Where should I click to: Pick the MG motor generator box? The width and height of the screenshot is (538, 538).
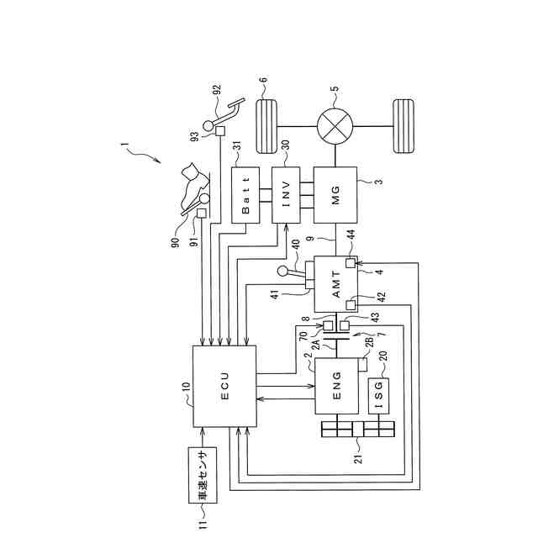coord(335,195)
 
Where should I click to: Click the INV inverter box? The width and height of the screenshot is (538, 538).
coord(286,195)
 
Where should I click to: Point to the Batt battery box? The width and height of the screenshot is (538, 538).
coord(245,195)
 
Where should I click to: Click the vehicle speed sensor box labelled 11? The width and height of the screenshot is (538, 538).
coord(202,475)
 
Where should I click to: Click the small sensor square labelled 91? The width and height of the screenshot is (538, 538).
coord(201,214)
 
